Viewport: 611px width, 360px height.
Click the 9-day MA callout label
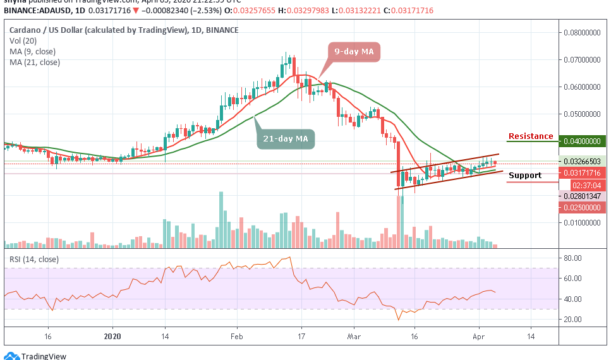(x=354, y=51)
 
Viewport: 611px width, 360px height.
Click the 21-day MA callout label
(x=286, y=138)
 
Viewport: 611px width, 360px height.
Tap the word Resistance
(x=531, y=136)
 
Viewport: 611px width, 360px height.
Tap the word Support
(x=525, y=176)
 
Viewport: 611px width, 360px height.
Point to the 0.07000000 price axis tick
(x=583, y=60)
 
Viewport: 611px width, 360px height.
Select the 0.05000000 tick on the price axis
(x=583, y=114)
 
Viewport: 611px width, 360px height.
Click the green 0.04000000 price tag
(x=583, y=141)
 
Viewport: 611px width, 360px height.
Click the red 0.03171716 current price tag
(x=583, y=172)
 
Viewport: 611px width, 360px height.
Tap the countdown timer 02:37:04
(x=583, y=185)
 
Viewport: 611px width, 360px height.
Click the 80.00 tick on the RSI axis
(x=572, y=258)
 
